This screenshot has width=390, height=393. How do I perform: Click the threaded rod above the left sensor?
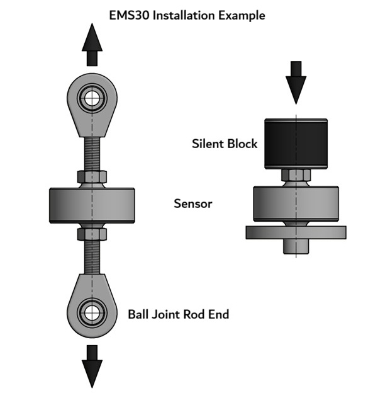[92, 154]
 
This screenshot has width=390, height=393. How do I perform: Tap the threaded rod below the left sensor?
[92, 255]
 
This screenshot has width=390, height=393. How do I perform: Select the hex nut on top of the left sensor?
[92, 177]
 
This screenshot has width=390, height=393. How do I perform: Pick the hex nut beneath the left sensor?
[92, 234]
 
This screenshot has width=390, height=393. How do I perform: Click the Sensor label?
[192, 203]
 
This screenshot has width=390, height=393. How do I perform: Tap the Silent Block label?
[225, 144]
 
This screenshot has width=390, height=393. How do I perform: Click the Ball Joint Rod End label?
[178, 314]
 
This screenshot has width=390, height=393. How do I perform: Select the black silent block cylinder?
[296, 144]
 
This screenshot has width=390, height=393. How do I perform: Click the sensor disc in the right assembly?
[296, 203]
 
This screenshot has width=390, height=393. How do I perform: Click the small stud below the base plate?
[296, 246]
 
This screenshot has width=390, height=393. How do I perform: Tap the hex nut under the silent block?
[296, 175]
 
